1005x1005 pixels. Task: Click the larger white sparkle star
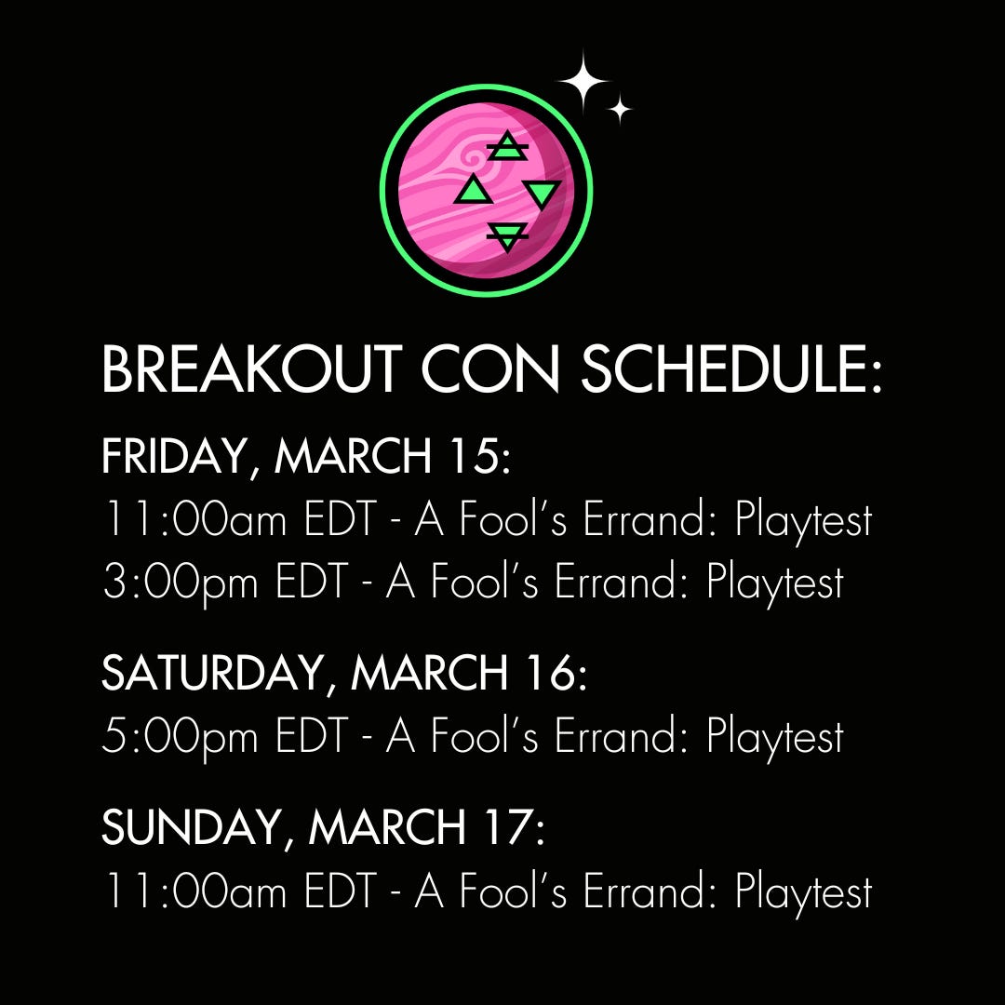[x=583, y=82]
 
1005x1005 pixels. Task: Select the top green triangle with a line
[x=507, y=146]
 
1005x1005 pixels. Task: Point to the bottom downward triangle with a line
[x=507, y=236]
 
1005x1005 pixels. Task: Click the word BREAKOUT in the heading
[x=251, y=369]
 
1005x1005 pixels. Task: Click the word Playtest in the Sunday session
[x=803, y=892]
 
